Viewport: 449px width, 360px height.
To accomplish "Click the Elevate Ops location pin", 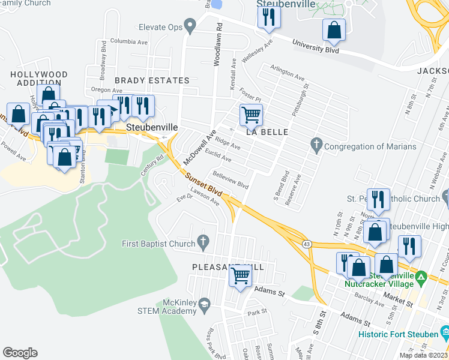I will point(191,26).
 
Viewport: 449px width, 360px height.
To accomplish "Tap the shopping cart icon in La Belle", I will point(250,114).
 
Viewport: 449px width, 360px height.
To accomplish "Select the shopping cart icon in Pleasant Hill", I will point(240,277).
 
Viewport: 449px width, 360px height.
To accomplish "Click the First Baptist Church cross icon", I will point(203,244).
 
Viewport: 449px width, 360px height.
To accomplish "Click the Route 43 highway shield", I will point(306,242).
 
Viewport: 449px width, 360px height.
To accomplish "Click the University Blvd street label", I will point(316,46).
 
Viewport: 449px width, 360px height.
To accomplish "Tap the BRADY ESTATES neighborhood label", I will point(152,80).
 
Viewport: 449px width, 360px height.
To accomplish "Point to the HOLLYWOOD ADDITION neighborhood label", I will point(38,79).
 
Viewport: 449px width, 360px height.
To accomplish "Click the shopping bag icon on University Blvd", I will point(334,30).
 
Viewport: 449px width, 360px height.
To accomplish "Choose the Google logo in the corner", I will point(20,352).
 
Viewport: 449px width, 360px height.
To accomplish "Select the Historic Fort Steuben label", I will point(397,334).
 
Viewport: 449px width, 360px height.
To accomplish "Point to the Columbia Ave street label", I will point(128,42).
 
